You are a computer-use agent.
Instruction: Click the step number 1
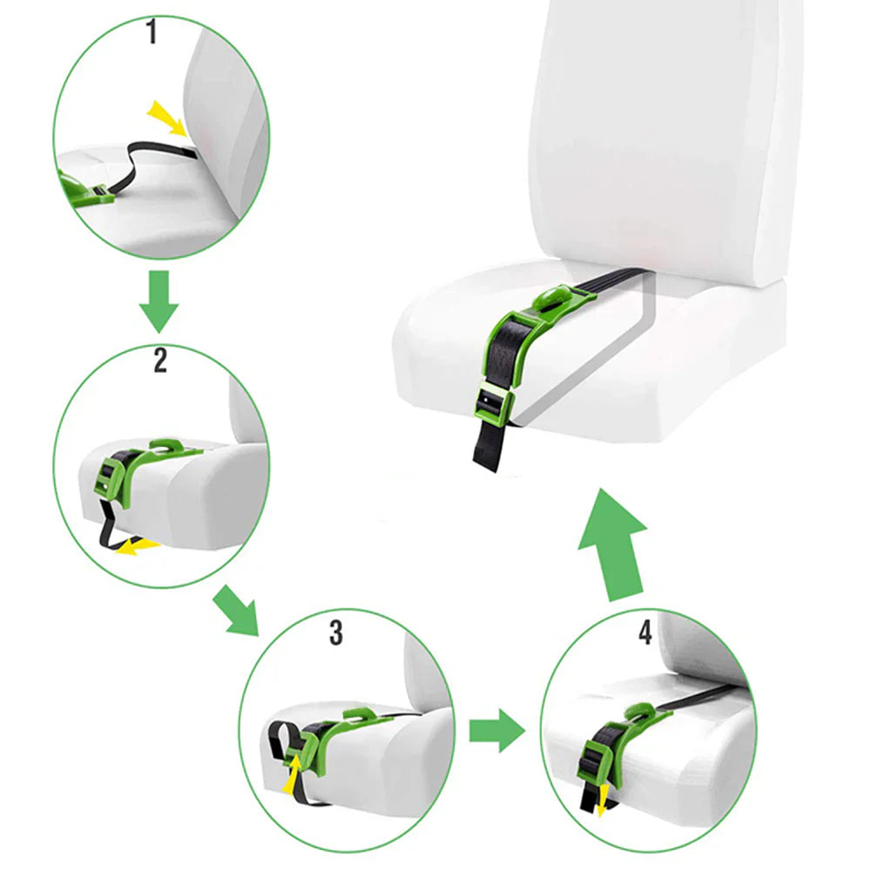coord(152,34)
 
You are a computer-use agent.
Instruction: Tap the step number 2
coord(159,360)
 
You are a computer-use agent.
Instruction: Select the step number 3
coord(336,633)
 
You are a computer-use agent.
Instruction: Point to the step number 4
coord(645,632)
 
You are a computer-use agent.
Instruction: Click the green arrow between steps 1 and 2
coord(159,300)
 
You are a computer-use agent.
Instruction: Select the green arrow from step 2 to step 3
coord(238,611)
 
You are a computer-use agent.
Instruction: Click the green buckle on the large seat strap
coord(493,402)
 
